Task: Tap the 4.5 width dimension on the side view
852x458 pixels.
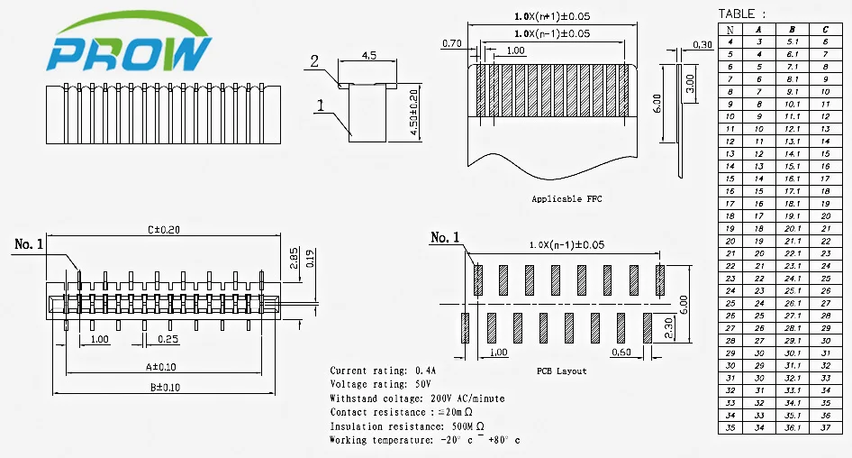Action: click(369, 55)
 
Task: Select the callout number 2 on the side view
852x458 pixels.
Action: click(314, 61)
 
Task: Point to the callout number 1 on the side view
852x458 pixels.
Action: click(321, 105)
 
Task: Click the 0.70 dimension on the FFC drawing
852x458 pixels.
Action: click(452, 43)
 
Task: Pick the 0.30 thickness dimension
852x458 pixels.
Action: click(702, 44)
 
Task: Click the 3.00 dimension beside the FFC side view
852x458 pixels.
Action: click(690, 83)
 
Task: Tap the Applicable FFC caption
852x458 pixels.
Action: click(566, 199)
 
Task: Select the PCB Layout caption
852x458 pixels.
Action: click(562, 371)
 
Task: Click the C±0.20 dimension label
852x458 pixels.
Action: click(164, 230)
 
